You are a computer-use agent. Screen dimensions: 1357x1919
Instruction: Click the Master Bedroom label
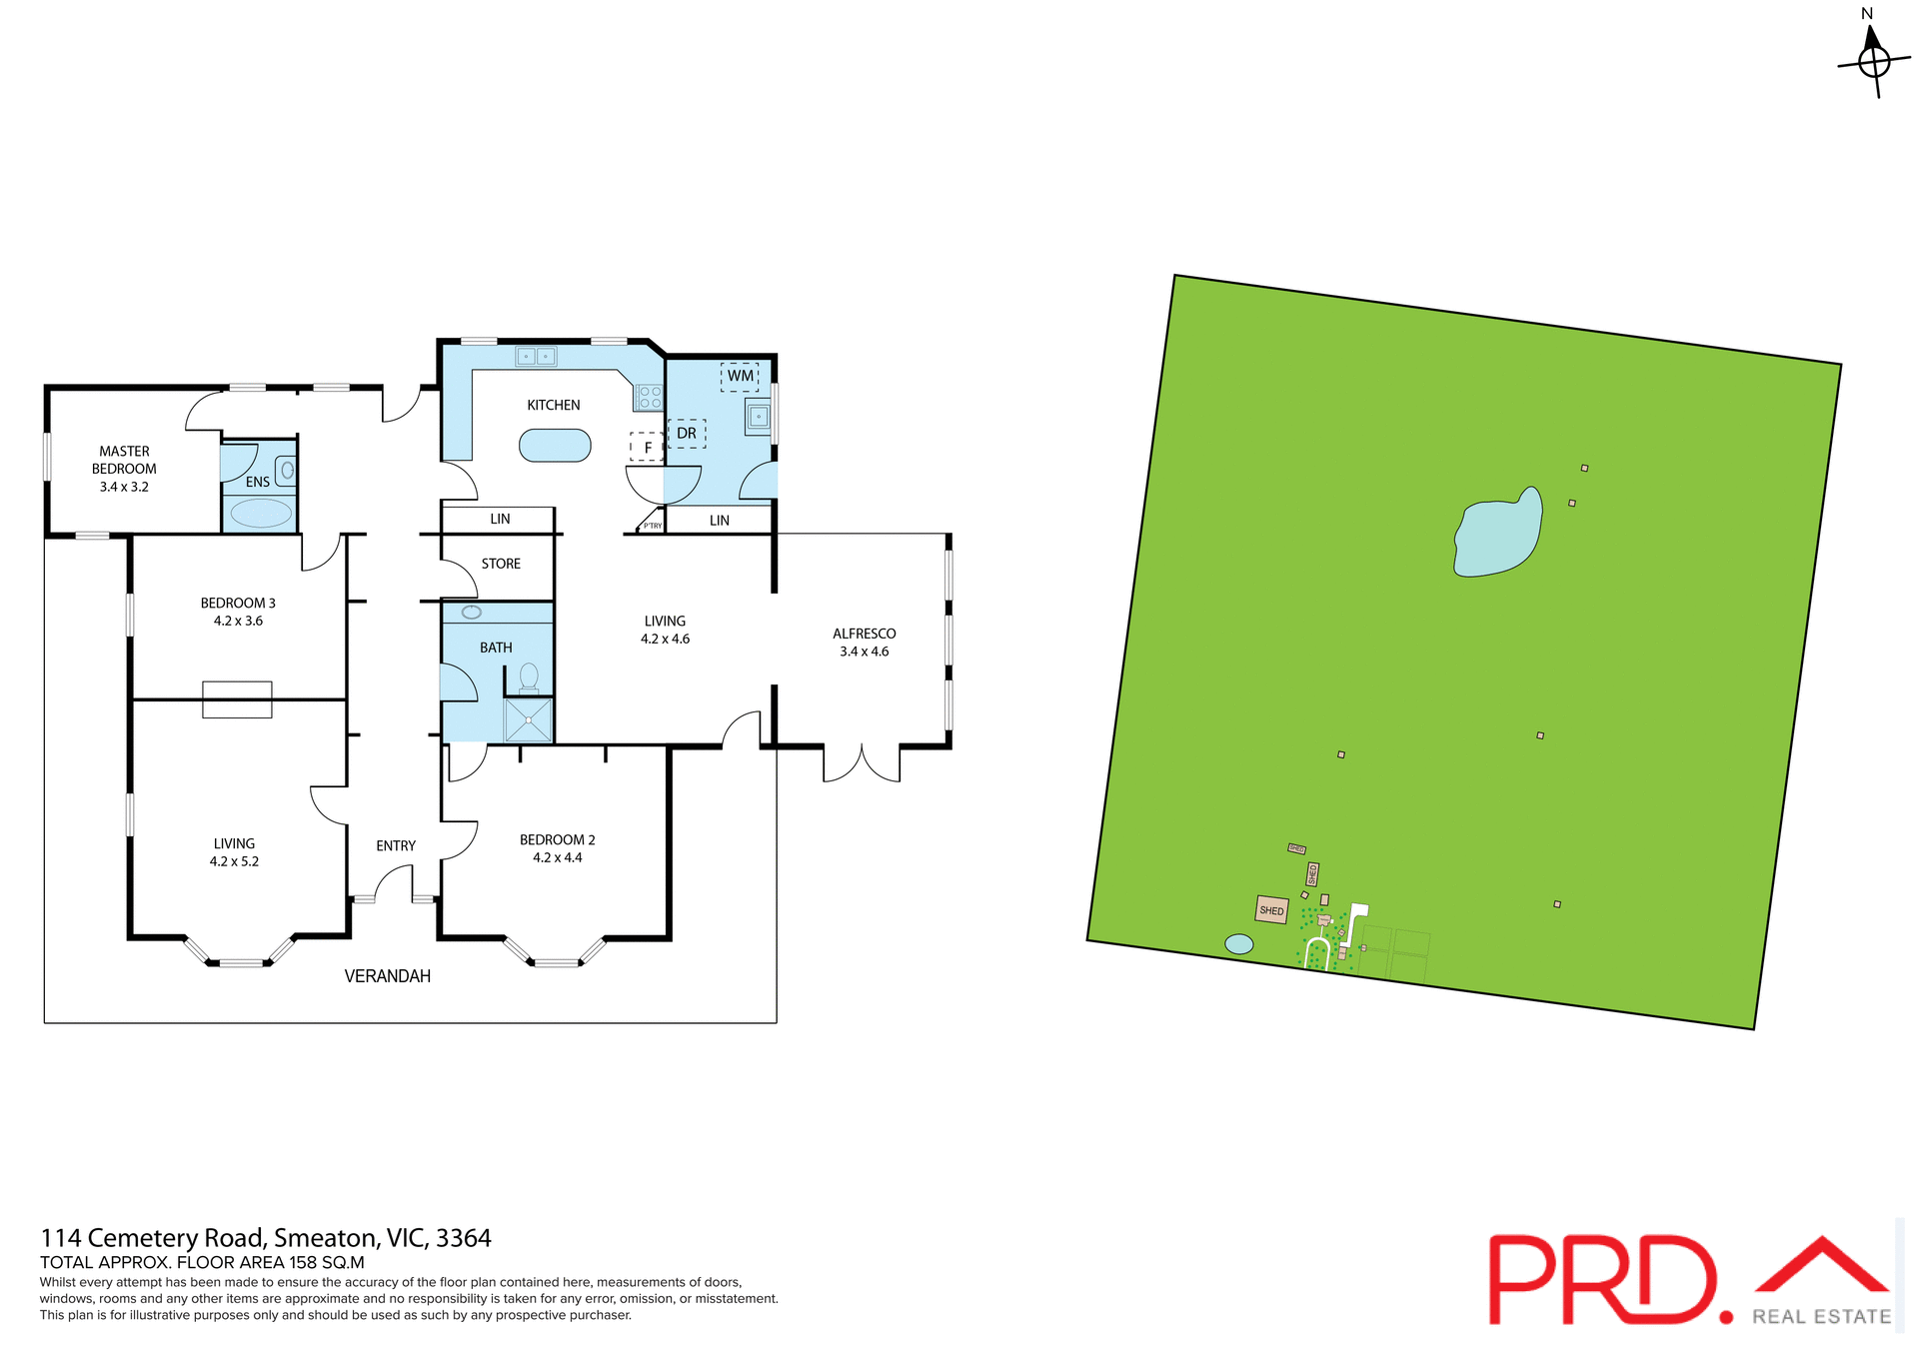point(124,460)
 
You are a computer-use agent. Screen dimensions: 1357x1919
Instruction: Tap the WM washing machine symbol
point(740,376)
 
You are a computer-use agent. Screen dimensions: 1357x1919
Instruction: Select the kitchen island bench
point(555,446)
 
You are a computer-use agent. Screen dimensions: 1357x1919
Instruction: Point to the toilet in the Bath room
point(529,678)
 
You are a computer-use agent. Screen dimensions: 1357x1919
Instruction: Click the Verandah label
point(387,976)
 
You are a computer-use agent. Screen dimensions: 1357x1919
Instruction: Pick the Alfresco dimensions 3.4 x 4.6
point(864,652)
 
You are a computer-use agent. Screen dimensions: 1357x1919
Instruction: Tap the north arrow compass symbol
point(1873,60)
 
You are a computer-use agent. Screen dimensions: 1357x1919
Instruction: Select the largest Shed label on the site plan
point(1271,910)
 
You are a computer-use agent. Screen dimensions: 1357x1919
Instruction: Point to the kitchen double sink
point(536,356)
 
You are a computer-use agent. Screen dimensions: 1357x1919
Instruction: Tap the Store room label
point(501,564)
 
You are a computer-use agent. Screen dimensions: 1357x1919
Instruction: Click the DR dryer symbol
point(687,434)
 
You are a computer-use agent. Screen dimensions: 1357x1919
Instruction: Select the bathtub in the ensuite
point(261,514)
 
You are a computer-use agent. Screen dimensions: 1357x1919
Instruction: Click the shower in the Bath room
point(528,720)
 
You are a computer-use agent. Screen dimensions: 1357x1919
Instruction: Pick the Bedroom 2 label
point(557,839)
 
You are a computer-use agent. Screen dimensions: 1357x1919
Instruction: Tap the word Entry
point(396,845)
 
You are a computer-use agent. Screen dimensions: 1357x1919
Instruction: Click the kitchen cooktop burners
point(649,398)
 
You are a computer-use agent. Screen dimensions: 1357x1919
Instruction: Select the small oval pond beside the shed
point(1238,943)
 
